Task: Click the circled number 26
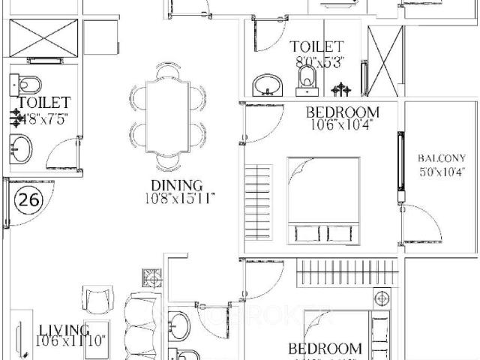click(x=28, y=200)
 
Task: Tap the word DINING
click(x=177, y=185)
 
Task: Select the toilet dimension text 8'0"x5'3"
click(x=317, y=63)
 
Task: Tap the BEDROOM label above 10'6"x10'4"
click(x=342, y=112)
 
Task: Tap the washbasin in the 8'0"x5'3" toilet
click(x=266, y=83)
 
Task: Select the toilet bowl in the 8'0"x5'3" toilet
click(x=307, y=78)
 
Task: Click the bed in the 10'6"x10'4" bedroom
click(x=323, y=201)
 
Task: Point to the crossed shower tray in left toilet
click(x=43, y=38)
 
